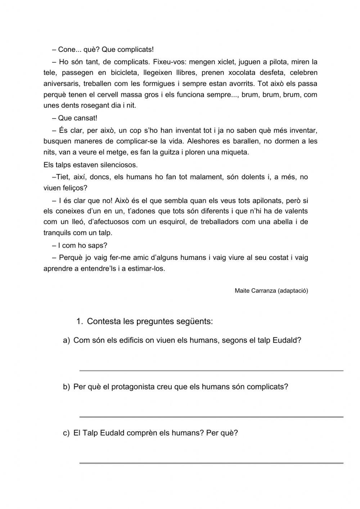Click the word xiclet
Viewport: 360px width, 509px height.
224,62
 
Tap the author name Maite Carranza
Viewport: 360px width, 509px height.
255,290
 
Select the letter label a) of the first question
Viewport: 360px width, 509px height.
66,341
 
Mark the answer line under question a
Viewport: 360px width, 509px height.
211,370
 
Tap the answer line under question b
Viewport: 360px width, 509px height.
211,417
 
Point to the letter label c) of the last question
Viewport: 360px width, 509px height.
66,433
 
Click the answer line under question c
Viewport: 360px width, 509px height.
211,463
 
